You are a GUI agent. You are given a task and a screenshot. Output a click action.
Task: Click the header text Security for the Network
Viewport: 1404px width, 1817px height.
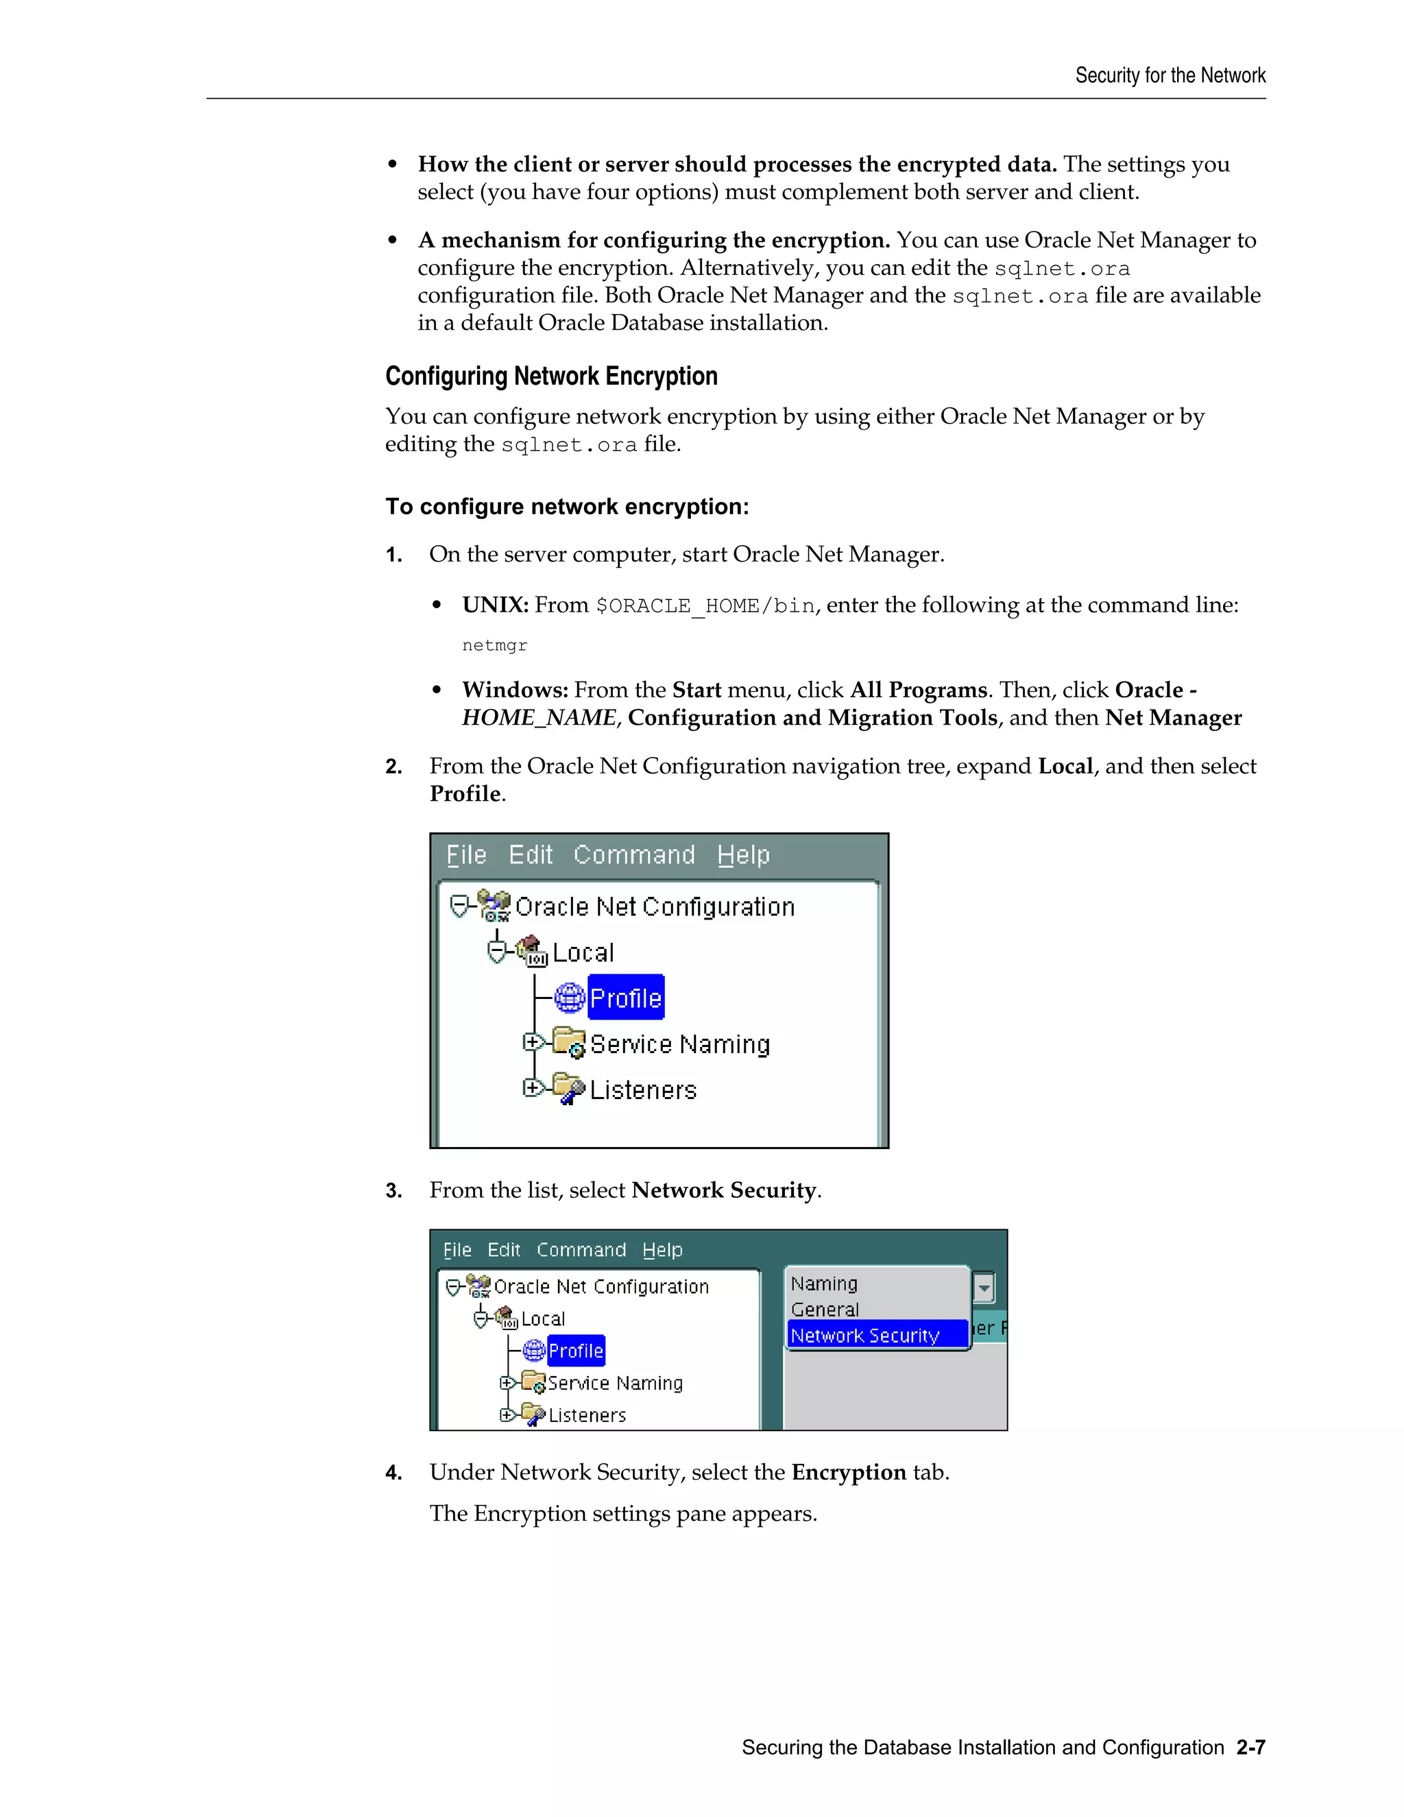pos(1170,75)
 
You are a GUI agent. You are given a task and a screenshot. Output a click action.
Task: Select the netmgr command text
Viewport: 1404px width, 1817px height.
pos(494,646)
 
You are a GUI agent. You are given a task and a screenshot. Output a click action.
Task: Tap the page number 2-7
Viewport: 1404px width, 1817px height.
pos(1250,1747)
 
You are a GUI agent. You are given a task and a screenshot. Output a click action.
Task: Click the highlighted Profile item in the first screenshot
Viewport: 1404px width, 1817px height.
pos(625,998)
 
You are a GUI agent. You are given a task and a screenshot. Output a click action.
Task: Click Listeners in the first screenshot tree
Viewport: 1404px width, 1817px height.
pos(642,1090)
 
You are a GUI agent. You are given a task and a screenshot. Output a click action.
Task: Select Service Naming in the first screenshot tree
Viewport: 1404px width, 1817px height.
pos(679,1044)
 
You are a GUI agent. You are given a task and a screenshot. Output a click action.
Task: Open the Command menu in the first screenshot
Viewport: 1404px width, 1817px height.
pos(634,855)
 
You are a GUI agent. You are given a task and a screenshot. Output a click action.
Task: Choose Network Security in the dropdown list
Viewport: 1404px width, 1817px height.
pos(864,1335)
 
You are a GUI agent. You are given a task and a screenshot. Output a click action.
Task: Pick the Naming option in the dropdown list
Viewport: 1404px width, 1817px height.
pos(823,1284)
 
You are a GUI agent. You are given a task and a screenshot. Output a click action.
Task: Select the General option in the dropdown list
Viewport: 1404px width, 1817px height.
pos(824,1310)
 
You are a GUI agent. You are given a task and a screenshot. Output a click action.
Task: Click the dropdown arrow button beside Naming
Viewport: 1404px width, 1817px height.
pos(983,1288)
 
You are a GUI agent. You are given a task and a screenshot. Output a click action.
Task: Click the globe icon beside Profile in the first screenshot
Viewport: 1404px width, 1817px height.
pos(570,998)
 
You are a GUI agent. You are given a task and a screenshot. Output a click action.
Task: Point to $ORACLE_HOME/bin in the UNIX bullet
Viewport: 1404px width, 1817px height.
pos(705,605)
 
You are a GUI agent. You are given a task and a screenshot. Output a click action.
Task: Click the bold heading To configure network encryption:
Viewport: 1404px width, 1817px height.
pos(566,507)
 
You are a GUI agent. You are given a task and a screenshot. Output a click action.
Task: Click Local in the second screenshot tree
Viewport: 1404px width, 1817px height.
pos(542,1319)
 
